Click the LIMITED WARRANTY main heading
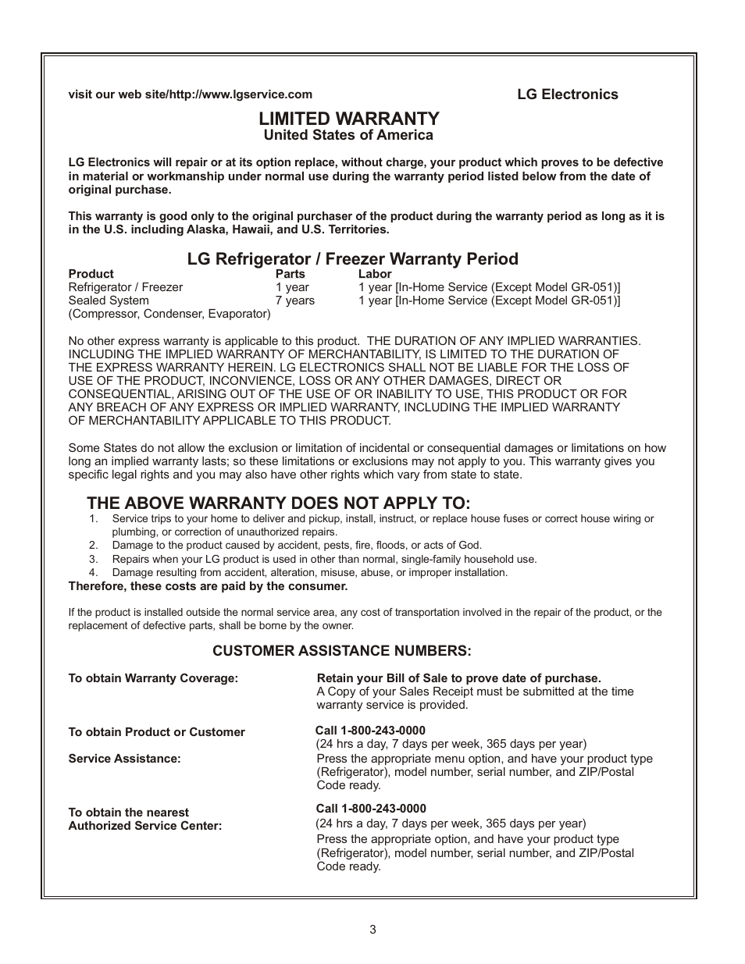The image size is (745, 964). click(348, 119)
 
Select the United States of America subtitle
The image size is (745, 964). click(348, 135)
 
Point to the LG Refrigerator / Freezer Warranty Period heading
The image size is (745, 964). click(352, 258)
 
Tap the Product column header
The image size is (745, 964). click(91, 274)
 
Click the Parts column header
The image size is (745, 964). click(290, 274)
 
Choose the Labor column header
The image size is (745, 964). click(375, 274)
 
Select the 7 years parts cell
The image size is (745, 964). click(294, 301)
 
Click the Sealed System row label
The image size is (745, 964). click(109, 301)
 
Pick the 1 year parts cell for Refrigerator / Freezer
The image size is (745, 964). click(291, 287)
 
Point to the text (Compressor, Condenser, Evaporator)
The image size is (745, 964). click(169, 314)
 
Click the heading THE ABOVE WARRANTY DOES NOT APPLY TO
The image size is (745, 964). click(279, 503)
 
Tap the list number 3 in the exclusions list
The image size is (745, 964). click(93, 559)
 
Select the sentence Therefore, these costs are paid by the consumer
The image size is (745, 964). click(208, 586)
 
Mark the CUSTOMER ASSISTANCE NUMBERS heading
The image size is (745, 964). click(342, 651)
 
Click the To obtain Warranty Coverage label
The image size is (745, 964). click(153, 678)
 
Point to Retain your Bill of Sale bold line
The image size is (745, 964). click(458, 678)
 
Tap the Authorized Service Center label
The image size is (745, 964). click(145, 826)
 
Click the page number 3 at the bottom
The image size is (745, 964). click(372, 930)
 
